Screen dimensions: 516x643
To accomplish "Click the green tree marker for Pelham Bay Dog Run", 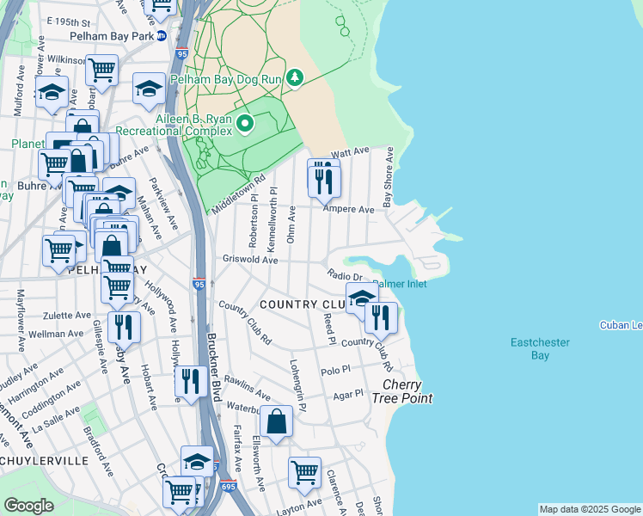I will point(295,78).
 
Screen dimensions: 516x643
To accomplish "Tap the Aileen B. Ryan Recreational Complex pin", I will point(245,124).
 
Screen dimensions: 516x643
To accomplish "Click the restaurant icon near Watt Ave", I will point(324,179).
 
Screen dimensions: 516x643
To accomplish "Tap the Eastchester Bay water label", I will point(540,348).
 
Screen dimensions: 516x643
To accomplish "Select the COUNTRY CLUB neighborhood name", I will point(301,304).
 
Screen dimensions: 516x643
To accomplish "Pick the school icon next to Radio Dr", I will point(363,297).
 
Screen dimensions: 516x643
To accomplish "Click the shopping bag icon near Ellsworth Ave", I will point(277,421).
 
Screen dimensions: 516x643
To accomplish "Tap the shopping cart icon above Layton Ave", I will point(304,471).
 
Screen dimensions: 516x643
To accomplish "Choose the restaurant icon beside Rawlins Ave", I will point(190,380).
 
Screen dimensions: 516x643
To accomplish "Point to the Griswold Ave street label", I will point(249,259).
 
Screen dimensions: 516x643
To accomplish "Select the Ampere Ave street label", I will point(348,209).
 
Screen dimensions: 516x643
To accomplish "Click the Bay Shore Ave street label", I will point(389,176).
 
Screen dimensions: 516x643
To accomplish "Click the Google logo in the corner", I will point(28,506).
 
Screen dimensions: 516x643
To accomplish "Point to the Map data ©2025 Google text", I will point(590,509).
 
